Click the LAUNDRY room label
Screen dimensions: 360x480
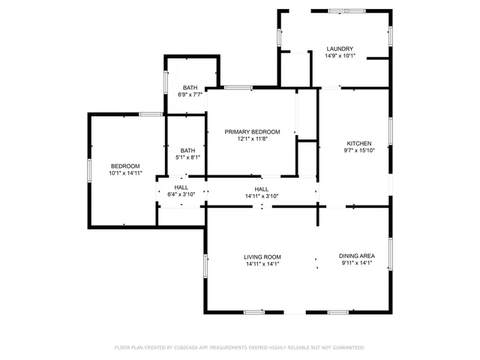(340, 49)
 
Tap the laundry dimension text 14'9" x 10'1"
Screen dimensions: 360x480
(340, 56)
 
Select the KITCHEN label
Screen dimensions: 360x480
(358, 143)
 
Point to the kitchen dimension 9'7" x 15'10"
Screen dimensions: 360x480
(358, 151)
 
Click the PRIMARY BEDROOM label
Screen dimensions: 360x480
(252, 131)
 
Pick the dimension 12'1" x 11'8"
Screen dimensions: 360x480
(252, 139)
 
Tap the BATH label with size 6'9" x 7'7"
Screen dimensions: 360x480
(190, 88)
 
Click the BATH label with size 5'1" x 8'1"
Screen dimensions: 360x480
(187, 150)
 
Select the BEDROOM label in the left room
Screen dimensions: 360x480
(125, 166)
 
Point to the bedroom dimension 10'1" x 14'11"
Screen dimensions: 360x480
(125, 173)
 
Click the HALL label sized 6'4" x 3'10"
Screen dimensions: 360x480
(181, 187)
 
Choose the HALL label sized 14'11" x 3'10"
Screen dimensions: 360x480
(262, 189)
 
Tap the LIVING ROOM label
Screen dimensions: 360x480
(262, 256)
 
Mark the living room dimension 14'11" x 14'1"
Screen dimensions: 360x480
(262, 264)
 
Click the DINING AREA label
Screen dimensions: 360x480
(357, 256)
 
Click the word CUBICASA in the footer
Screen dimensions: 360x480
(190, 348)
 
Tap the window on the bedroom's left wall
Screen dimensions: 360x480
(89, 169)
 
